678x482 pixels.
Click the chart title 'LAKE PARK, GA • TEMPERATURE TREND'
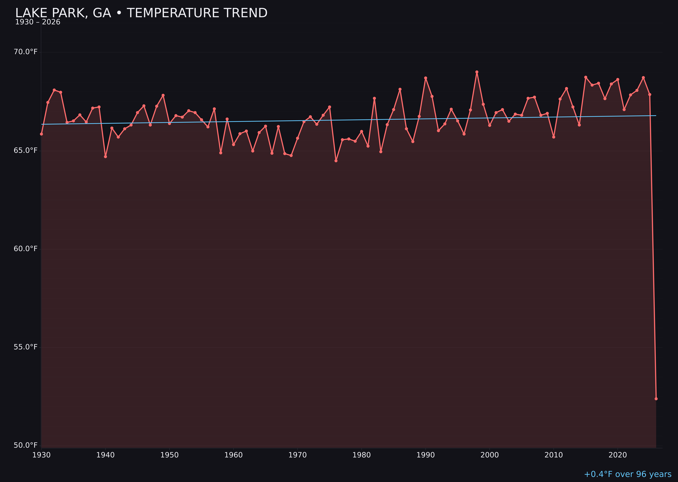coord(141,13)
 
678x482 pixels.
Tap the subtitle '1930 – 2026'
coord(38,22)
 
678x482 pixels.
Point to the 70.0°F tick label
coord(26,52)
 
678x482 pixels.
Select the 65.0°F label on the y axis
coord(26,150)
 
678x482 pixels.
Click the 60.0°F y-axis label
coord(26,249)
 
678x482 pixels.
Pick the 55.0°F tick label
coord(26,347)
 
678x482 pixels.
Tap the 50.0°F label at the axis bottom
coord(26,445)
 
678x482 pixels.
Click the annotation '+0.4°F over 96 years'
coord(627,474)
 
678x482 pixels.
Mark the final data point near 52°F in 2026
coord(656,399)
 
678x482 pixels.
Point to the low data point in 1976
coord(336,160)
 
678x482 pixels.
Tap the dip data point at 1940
coord(105,156)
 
